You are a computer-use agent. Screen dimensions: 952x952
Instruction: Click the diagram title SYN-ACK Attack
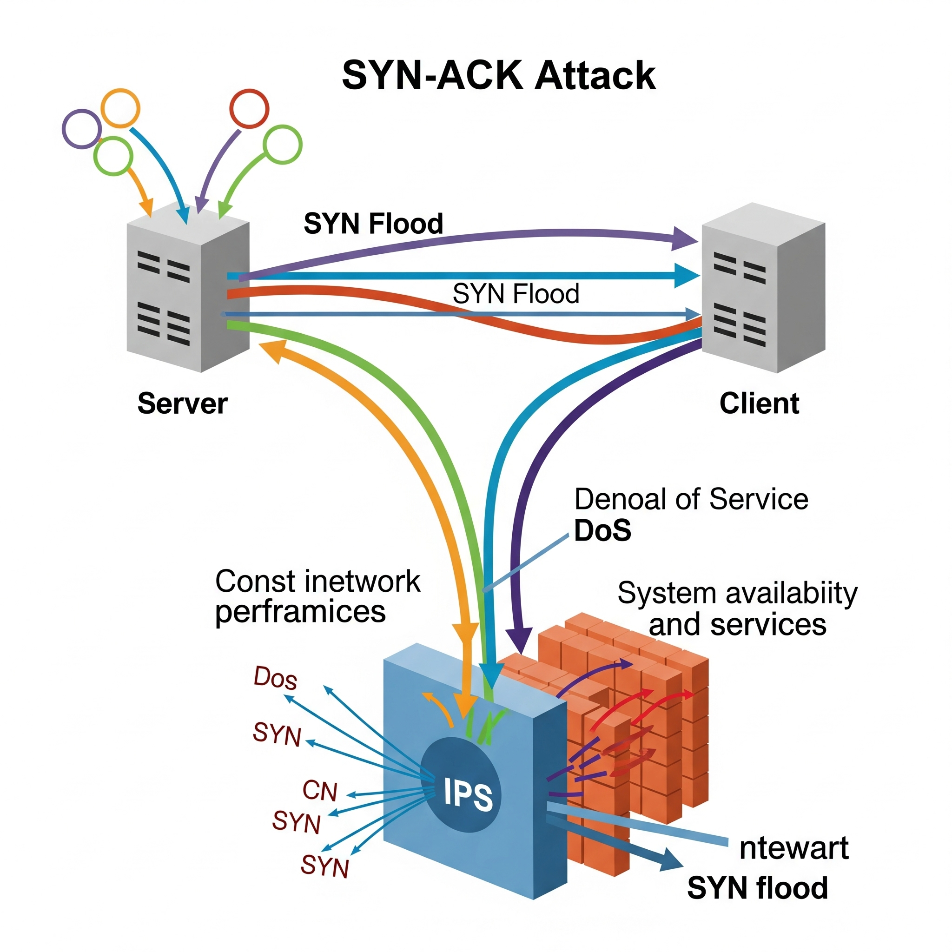(498, 75)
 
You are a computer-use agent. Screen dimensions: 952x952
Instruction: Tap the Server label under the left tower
(182, 403)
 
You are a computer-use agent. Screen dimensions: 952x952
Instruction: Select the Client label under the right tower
(759, 403)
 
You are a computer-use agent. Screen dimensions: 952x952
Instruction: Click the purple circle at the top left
(81, 129)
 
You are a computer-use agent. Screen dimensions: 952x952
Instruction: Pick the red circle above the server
(249, 108)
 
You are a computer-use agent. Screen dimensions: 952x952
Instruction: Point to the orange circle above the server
(120, 108)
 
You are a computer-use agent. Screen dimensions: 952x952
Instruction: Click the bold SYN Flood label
(373, 223)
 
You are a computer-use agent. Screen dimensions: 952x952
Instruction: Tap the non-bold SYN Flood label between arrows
(516, 294)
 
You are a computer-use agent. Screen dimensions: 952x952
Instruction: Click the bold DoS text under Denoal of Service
(602, 531)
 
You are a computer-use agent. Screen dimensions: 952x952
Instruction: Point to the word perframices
(300, 612)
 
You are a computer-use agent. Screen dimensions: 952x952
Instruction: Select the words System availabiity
(737, 593)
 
